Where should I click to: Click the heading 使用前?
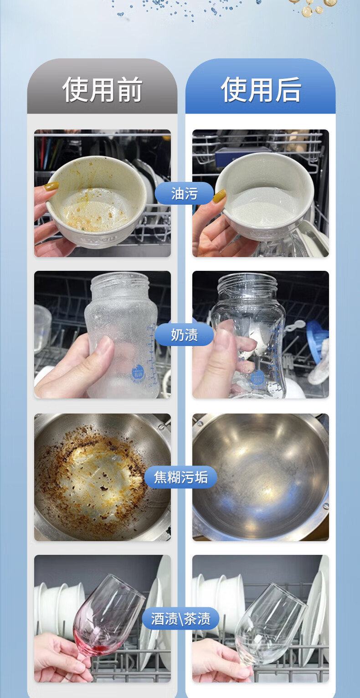tap(102, 90)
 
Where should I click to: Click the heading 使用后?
tap(261, 90)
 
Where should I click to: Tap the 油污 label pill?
tap(185, 193)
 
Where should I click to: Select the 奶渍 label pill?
tap(185, 335)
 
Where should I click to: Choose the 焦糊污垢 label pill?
tap(180, 477)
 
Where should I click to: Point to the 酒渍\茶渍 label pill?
tap(180, 619)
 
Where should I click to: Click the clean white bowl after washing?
tap(265, 196)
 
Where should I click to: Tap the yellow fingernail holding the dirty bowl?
tap(51, 186)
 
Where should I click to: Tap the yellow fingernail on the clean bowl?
tap(220, 196)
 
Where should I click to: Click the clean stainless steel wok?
tap(261, 477)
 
